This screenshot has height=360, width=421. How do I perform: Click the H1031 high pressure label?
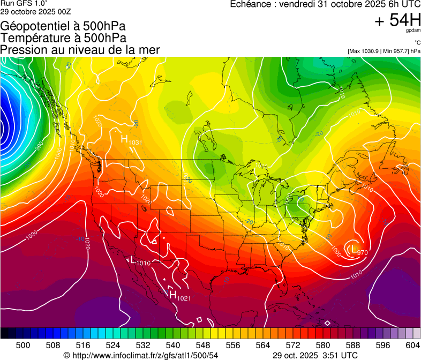tap(131, 140)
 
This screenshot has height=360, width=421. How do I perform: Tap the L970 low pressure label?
tap(358, 250)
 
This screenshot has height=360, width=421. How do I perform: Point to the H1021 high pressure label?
tap(180, 295)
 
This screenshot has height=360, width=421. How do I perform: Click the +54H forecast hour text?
tap(398, 20)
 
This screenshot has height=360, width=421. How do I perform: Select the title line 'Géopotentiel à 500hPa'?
tap(64, 26)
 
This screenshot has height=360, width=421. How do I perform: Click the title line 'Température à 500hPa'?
tap(63, 38)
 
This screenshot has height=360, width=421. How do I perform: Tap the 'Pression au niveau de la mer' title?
tap(80, 50)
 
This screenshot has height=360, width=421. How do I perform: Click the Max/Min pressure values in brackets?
tap(384, 51)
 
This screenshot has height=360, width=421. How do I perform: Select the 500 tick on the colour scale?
tap(23, 345)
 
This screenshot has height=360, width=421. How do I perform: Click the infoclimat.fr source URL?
tap(141, 355)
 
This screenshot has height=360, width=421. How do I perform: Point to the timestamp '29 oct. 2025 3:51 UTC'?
tap(315, 355)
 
